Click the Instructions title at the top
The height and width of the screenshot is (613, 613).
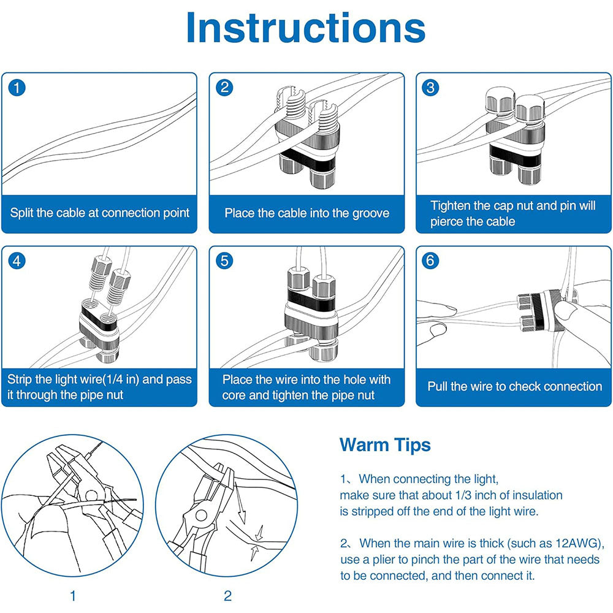point(306,28)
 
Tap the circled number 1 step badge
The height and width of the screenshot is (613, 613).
point(18,88)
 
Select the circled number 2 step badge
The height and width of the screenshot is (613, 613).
point(225,88)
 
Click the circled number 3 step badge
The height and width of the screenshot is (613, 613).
point(432,88)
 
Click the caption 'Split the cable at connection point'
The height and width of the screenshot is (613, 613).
point(99,213)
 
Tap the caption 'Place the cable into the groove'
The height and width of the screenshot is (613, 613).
point(306,213)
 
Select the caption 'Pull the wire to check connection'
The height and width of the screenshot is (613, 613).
point(514,387)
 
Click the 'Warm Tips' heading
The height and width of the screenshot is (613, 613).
point(385,444)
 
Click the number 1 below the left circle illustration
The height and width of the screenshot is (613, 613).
point(74,596)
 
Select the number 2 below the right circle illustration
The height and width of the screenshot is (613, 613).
point(227,596)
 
